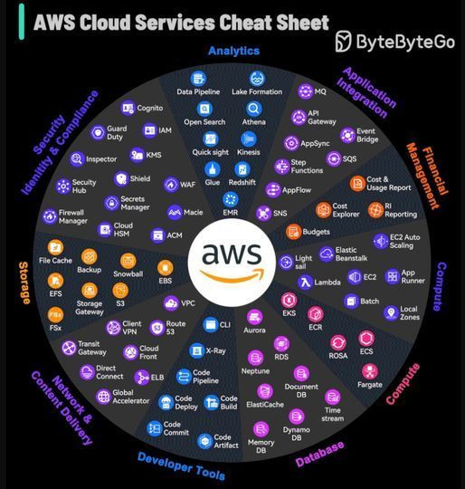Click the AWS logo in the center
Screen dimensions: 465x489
pyautogui.click(x=232, y=262)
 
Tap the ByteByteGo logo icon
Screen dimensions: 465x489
pyautogui.click(x=343, y=41)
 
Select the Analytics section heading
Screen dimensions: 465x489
pyautogui.click(x=233, y=51)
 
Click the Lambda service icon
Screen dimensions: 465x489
pyautogui.click(x=305, y=283)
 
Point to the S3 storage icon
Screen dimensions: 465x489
pyautogui.click(x=120, y=291)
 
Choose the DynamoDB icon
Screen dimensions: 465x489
pyautogui.click(x=296, y=417)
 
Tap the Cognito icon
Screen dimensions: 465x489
pyautogui.click(x=128, y=109)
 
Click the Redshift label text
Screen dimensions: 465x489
pyautogui.click(x=242, y=182)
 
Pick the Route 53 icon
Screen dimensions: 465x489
pyautogui.click(x=157, y=328)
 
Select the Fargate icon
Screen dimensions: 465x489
pyautogui.click(x=370, y=371)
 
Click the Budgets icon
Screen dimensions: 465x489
pyautogui.click(x=293, y=232)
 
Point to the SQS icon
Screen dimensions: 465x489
pyautogui.click(x=334, y=158)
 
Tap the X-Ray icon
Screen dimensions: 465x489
pyautogui.click(x=196, y=350)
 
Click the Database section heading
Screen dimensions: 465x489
pyautogui.click(x=319, y=454)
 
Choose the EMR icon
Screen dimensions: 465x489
pyautogui.click(x=231, y=199)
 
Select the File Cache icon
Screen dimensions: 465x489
pyautogui.click(x=55, y=247)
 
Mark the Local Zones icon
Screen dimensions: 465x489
pyautogui.click(x=391, y=312)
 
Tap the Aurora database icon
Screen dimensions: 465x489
pyautogui.click(x=254, y=318)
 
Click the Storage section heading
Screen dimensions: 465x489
pyautogui.click(x=24, y=283)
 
